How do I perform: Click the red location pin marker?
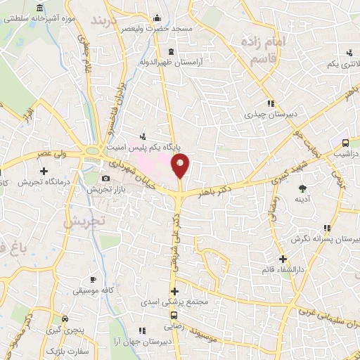pos(181,166)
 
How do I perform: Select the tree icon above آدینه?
pos(302,188)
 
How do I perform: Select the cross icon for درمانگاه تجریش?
pos(44,171)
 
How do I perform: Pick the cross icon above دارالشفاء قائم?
pos(283,259)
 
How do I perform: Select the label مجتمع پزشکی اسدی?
pos(201,302)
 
